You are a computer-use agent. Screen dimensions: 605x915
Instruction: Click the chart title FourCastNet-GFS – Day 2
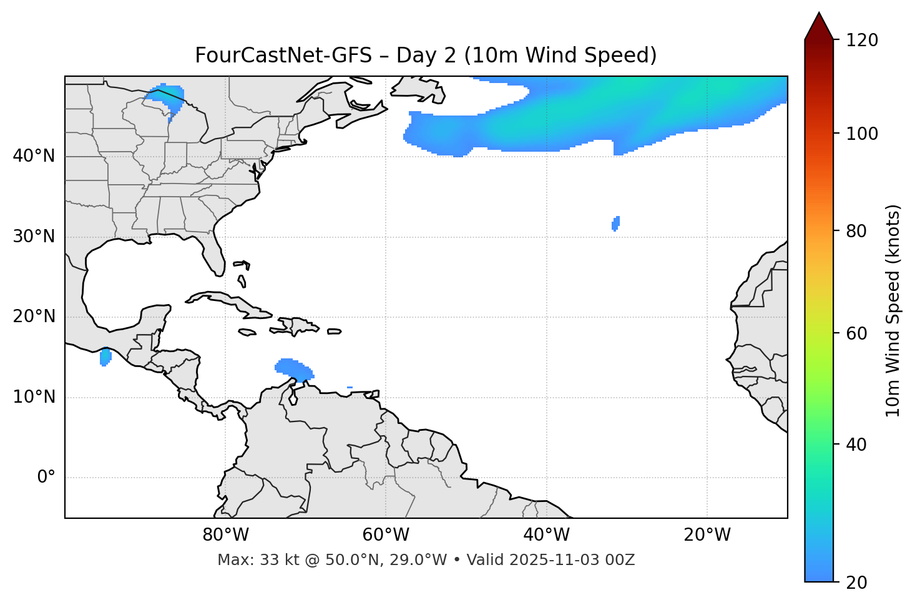pos(426,56)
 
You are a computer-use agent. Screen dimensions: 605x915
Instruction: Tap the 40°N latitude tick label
pos(34,156)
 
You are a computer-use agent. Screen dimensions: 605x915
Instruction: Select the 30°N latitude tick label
pos(34,237)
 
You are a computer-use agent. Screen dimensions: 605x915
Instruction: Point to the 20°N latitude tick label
pos(34,317)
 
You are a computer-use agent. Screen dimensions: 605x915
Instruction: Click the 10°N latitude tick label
pos(34,397)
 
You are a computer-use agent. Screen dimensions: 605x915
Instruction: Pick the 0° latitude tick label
pos(46,478)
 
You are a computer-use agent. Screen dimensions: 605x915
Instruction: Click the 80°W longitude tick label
pos(225,535)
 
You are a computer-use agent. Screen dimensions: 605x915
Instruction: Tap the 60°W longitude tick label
pos(386,535)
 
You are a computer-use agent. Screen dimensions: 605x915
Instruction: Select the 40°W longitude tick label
pos(547,535)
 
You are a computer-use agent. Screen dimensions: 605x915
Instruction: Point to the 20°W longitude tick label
pos(707,535)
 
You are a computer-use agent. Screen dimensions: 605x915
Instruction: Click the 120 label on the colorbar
pos(863,41)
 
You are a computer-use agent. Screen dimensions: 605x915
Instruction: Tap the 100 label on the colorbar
pos(863,134)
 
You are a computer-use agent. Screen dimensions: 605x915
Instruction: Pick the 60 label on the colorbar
pos(858,333)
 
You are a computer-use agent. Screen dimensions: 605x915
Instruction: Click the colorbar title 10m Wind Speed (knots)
pos(893,310)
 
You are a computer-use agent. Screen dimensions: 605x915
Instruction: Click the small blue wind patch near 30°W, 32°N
pos(616,223)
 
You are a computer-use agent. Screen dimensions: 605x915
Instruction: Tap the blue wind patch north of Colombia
pos(293,370)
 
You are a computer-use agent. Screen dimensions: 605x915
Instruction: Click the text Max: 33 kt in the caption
pos(248,560)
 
